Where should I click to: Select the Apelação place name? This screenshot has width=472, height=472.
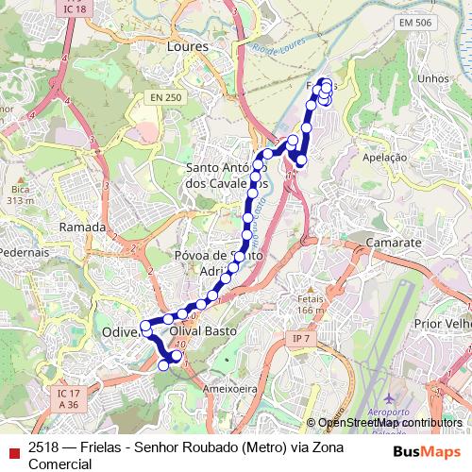click(383, 158)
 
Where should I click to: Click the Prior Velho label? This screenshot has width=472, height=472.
click(438, 322)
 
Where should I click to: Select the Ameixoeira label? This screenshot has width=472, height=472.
click(230, 387)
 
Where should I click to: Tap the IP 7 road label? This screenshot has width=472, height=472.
click(301, 338)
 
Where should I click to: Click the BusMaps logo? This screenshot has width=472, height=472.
click(427, 451)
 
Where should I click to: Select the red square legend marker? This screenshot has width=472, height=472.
click(12, 451)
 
